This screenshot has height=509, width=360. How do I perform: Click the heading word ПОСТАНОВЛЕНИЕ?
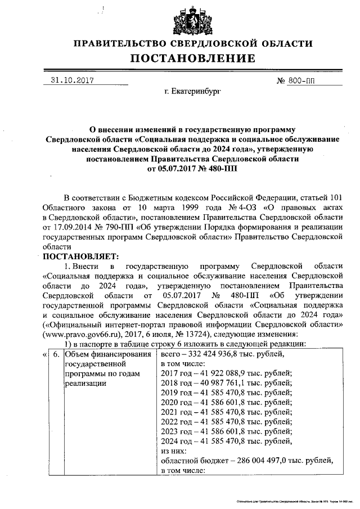pos(193,58)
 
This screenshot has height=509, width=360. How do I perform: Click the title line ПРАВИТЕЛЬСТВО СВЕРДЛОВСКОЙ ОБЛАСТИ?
pos(193,43)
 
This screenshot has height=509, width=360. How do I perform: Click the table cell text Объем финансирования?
pos(107,354)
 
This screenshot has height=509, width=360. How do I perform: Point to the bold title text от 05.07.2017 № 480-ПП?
pos(193,169)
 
